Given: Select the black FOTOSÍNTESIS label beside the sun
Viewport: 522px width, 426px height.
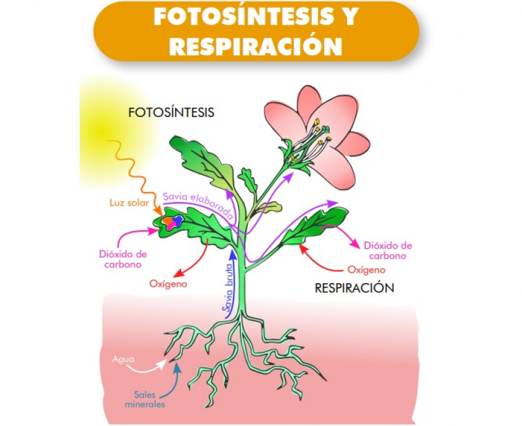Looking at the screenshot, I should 171,113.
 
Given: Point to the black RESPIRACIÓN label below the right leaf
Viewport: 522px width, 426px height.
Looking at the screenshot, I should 354,287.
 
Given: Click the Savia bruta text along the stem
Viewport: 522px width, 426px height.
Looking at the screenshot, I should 226,289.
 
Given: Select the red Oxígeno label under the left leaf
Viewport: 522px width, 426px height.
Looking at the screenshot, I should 168,284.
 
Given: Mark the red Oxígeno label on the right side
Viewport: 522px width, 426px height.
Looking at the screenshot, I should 367,270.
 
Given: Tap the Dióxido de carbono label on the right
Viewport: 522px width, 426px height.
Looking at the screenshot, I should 388,251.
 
